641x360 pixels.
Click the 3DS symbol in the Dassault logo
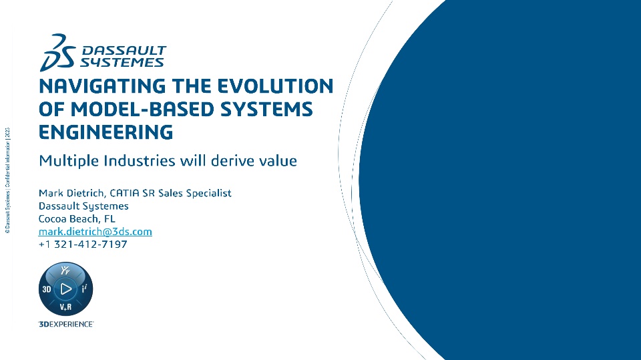[57, 53]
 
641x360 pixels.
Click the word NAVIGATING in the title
[102, 86]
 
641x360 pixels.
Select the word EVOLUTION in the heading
[275, 86]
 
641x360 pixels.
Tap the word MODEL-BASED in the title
[142, 110]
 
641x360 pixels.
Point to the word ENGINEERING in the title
[106, 132]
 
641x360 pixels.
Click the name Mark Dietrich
[72, 193]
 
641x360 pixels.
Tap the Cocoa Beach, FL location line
[77, 219]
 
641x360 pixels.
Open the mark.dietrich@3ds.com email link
[95, 232]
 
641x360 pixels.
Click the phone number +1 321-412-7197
[83, 244]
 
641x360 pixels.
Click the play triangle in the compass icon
[66, 289]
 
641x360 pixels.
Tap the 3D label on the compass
[47, 289]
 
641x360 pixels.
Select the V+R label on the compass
[66, 307]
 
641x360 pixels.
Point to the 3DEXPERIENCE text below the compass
[66, 324]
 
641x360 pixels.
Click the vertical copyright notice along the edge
[7, 180]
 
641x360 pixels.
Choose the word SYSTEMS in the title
[266, 110]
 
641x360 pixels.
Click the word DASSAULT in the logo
[124, 51]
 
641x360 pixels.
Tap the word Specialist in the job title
[208, 193]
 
